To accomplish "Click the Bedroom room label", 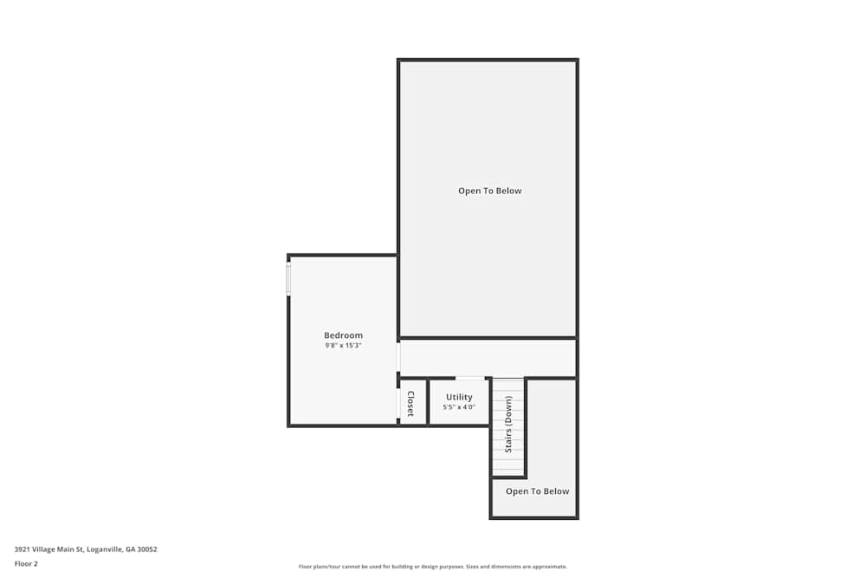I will (343, 335).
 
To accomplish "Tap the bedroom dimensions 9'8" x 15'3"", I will (343, 346).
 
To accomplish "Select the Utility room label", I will (459, 397).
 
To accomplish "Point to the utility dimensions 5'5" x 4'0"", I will (459, 407).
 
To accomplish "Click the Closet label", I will (410, 403).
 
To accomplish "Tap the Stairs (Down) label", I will (508, 424).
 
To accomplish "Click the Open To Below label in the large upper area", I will (489, 191).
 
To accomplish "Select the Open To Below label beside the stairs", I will (537, 491).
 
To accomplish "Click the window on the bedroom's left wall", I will (288, 279).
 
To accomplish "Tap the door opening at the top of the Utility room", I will (469, 378).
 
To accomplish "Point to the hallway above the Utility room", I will (485, 358).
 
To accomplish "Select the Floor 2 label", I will (26, 563).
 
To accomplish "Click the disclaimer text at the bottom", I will (432, 567).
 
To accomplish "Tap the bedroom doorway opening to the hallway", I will (398, 357).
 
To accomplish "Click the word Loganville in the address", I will (105, 549).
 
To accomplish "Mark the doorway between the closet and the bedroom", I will (398, 403).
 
